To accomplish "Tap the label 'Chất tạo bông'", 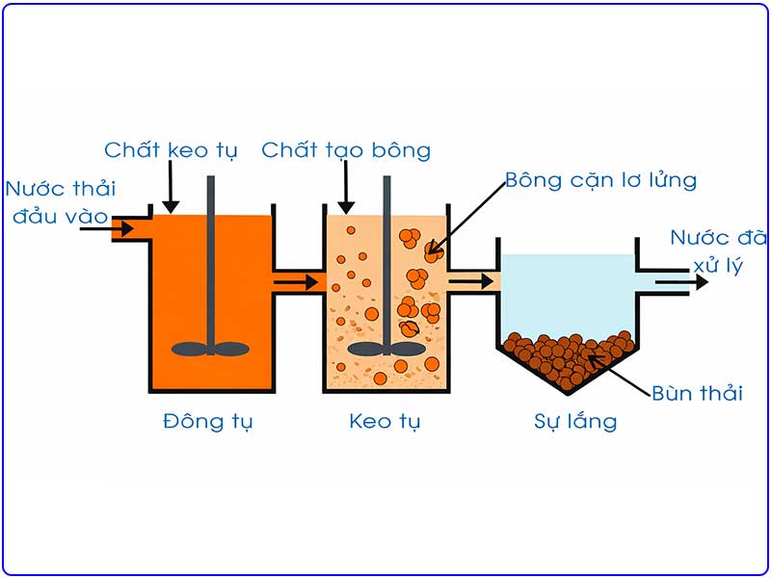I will click(346, 150).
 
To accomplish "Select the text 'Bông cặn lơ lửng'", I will click(600, 180).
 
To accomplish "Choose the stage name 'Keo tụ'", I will click(385, 422).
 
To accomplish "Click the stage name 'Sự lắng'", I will click(574, 422).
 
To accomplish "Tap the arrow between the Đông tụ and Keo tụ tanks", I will click(298, 282).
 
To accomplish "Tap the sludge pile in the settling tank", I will click(568, 356).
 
